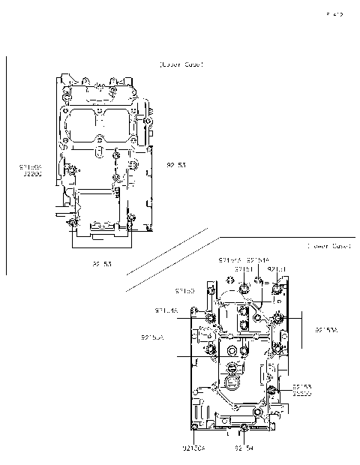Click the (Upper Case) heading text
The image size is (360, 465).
[x=181, y=65]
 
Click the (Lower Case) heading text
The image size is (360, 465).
[x=328, y=246]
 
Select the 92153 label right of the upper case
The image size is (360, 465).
[x=176, y=165]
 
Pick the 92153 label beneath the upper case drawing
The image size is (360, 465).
[x=102, y=263]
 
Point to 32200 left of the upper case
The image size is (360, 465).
[x=31, y=173]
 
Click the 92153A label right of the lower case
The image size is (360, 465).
[x=326, y=329]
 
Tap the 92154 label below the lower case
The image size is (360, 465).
[x=244, y=448]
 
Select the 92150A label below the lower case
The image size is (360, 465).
[x=193, y=448]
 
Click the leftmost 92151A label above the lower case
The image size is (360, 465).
[x=229, y=260]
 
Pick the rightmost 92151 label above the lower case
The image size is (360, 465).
[x=277, y=268]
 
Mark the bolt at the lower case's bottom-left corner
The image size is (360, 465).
[x=195, y=427]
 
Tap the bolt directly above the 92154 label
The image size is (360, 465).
[x=245, y=427]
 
